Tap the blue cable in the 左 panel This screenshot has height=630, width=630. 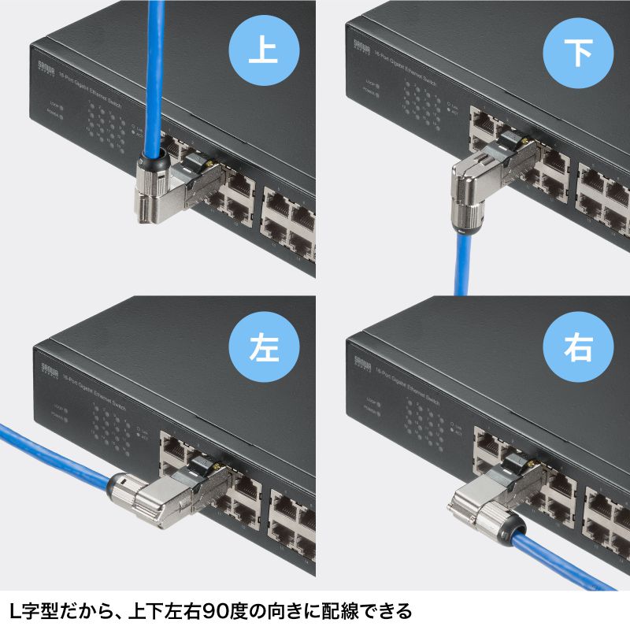pyautogui.click(x=55, y=457)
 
